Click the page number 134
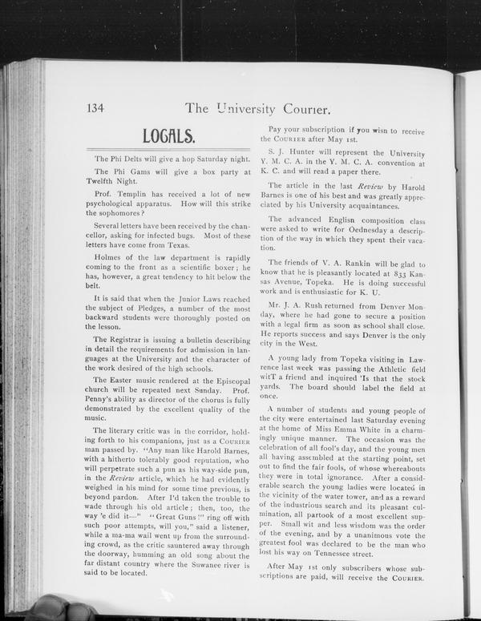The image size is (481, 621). point(95,107)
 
